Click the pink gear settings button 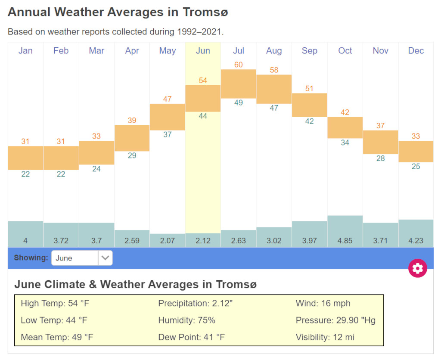(x=417, y=268)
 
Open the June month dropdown (x=82, y=258)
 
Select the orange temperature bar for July (x=239, y=84)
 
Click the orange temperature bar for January (x=25, y=158)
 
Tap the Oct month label (x=345, y=51)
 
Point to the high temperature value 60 (x=239, y=65)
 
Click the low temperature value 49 (x=239, y=103)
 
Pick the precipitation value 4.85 (x=345, y=241)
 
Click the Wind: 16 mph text (x=323, y=303)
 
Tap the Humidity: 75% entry (x=187, y=320)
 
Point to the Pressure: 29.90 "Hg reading (x=335, y=320)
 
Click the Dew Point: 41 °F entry (x=192, y=337)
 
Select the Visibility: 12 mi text (x=325, y=337)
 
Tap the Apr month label (x=132, y=51)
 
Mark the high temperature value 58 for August (x=274, y=70)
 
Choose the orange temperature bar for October (x=345, y=127)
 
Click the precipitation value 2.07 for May (x=168, y=241)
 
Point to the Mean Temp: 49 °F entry (x=57, y=337)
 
